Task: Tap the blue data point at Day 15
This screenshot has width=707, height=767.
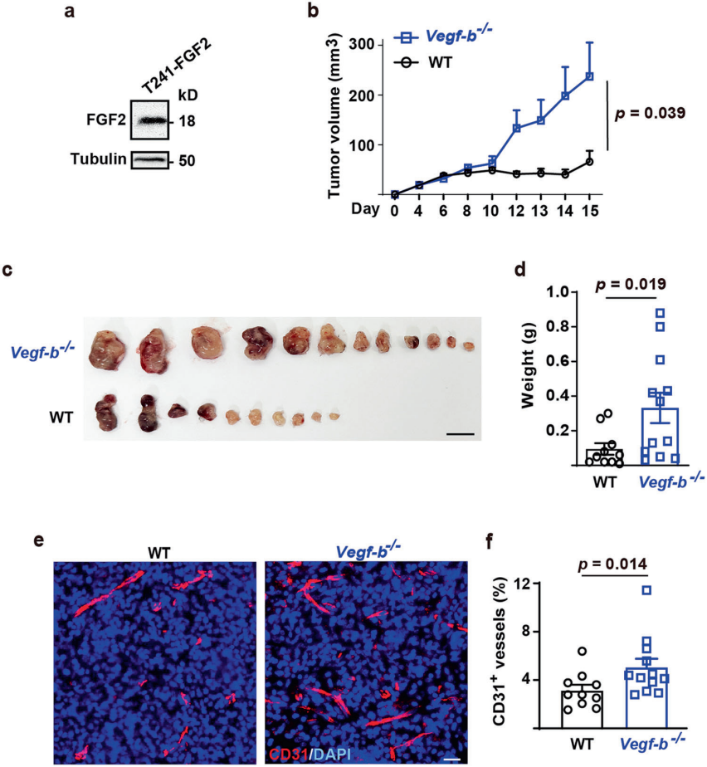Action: pos(589,76)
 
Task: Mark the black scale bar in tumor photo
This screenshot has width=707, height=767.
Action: pos(460,434)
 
